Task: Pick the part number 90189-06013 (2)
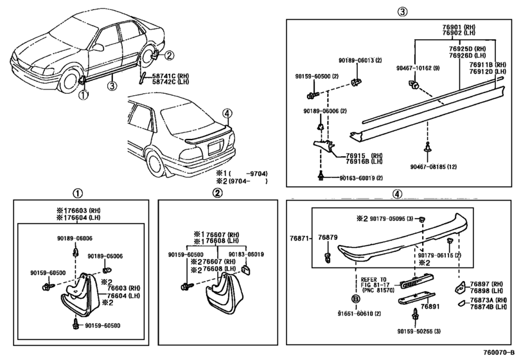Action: pyautogui.click(x=360, y=60)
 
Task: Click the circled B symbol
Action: pyautogui.click(x=354, y=299)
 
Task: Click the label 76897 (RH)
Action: pyautogui.click(x=486, y=283)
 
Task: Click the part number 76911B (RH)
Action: pyautogui.click(x=486, y=65)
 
